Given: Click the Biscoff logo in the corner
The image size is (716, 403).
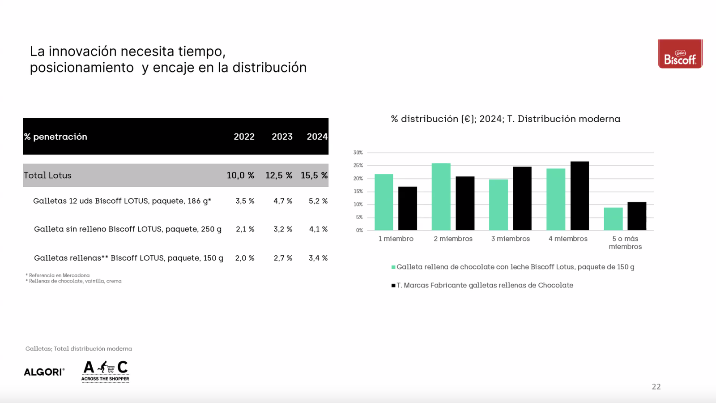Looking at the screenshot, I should click(x=680, y=54).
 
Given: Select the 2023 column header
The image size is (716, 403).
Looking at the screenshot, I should click(x=282, y=137).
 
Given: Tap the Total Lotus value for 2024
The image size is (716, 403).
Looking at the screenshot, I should click(x=314, y=175).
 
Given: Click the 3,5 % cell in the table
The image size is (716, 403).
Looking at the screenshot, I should click(x=245, y=201).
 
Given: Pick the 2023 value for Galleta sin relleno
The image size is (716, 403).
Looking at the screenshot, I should click(x=283, y=229).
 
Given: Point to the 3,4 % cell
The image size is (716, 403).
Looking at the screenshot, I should click(x=318, y=258).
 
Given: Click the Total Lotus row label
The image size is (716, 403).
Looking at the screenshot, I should click(x=48, y=175).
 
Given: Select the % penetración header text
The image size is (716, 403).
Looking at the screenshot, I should click(x=56, y=137).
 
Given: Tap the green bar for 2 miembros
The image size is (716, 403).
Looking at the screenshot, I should click(x=441, y=197).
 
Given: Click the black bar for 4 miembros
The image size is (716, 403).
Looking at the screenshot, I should click(x=580, y=196).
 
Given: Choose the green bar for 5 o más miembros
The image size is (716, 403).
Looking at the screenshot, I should click(x=613, y=219).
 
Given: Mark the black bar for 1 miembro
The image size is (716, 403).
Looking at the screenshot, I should click(x=408, y=209).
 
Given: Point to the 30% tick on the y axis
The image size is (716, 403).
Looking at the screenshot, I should click(x=358, y=153).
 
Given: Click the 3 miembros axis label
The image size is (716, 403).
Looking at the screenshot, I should click(x=510, y=239).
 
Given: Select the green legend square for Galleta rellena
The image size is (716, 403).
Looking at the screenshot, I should click(x=393, y=267).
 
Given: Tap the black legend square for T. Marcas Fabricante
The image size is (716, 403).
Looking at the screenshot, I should click(x=393, y=285).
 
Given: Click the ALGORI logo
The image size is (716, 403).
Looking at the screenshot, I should click(x=44, y=372).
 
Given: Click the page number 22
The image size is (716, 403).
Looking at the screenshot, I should click(x=656, y=386).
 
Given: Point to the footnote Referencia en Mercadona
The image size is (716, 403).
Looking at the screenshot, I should click(x=59, y=275).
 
